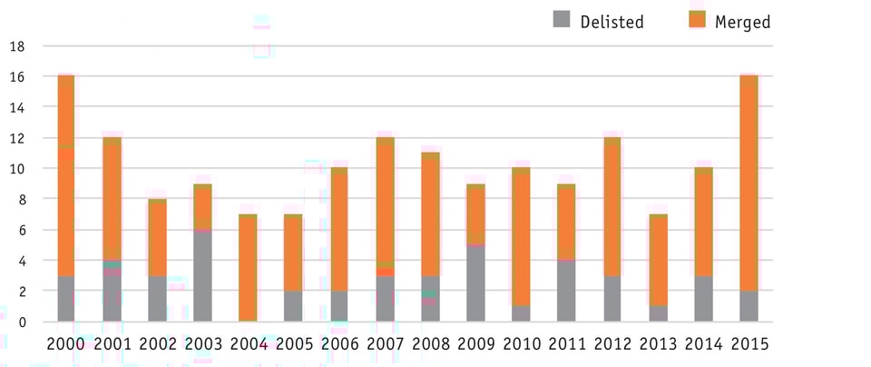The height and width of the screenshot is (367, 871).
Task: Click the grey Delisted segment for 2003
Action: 202,275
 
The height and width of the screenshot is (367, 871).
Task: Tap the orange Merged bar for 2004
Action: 248,268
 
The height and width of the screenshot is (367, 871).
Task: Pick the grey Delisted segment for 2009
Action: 475,283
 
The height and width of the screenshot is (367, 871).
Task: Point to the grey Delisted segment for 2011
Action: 566,291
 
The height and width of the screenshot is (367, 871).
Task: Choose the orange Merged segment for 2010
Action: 521,237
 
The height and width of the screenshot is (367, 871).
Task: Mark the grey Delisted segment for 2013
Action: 658,313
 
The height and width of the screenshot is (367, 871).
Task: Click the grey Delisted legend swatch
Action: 562,20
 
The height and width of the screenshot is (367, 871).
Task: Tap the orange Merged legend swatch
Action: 697,20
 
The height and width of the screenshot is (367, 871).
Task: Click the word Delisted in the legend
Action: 612,22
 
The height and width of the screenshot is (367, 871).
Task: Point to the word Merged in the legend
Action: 742,22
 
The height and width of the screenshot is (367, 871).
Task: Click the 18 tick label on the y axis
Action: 16,46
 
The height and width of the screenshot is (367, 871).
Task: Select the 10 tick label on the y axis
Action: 16,169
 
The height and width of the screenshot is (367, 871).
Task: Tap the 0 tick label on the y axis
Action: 21,322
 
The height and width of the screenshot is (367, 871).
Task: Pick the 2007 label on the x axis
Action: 385,345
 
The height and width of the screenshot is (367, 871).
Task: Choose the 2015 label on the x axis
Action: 749,345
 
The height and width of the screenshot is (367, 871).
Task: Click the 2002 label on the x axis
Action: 157,345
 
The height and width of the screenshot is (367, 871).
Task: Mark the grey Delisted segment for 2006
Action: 338,306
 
